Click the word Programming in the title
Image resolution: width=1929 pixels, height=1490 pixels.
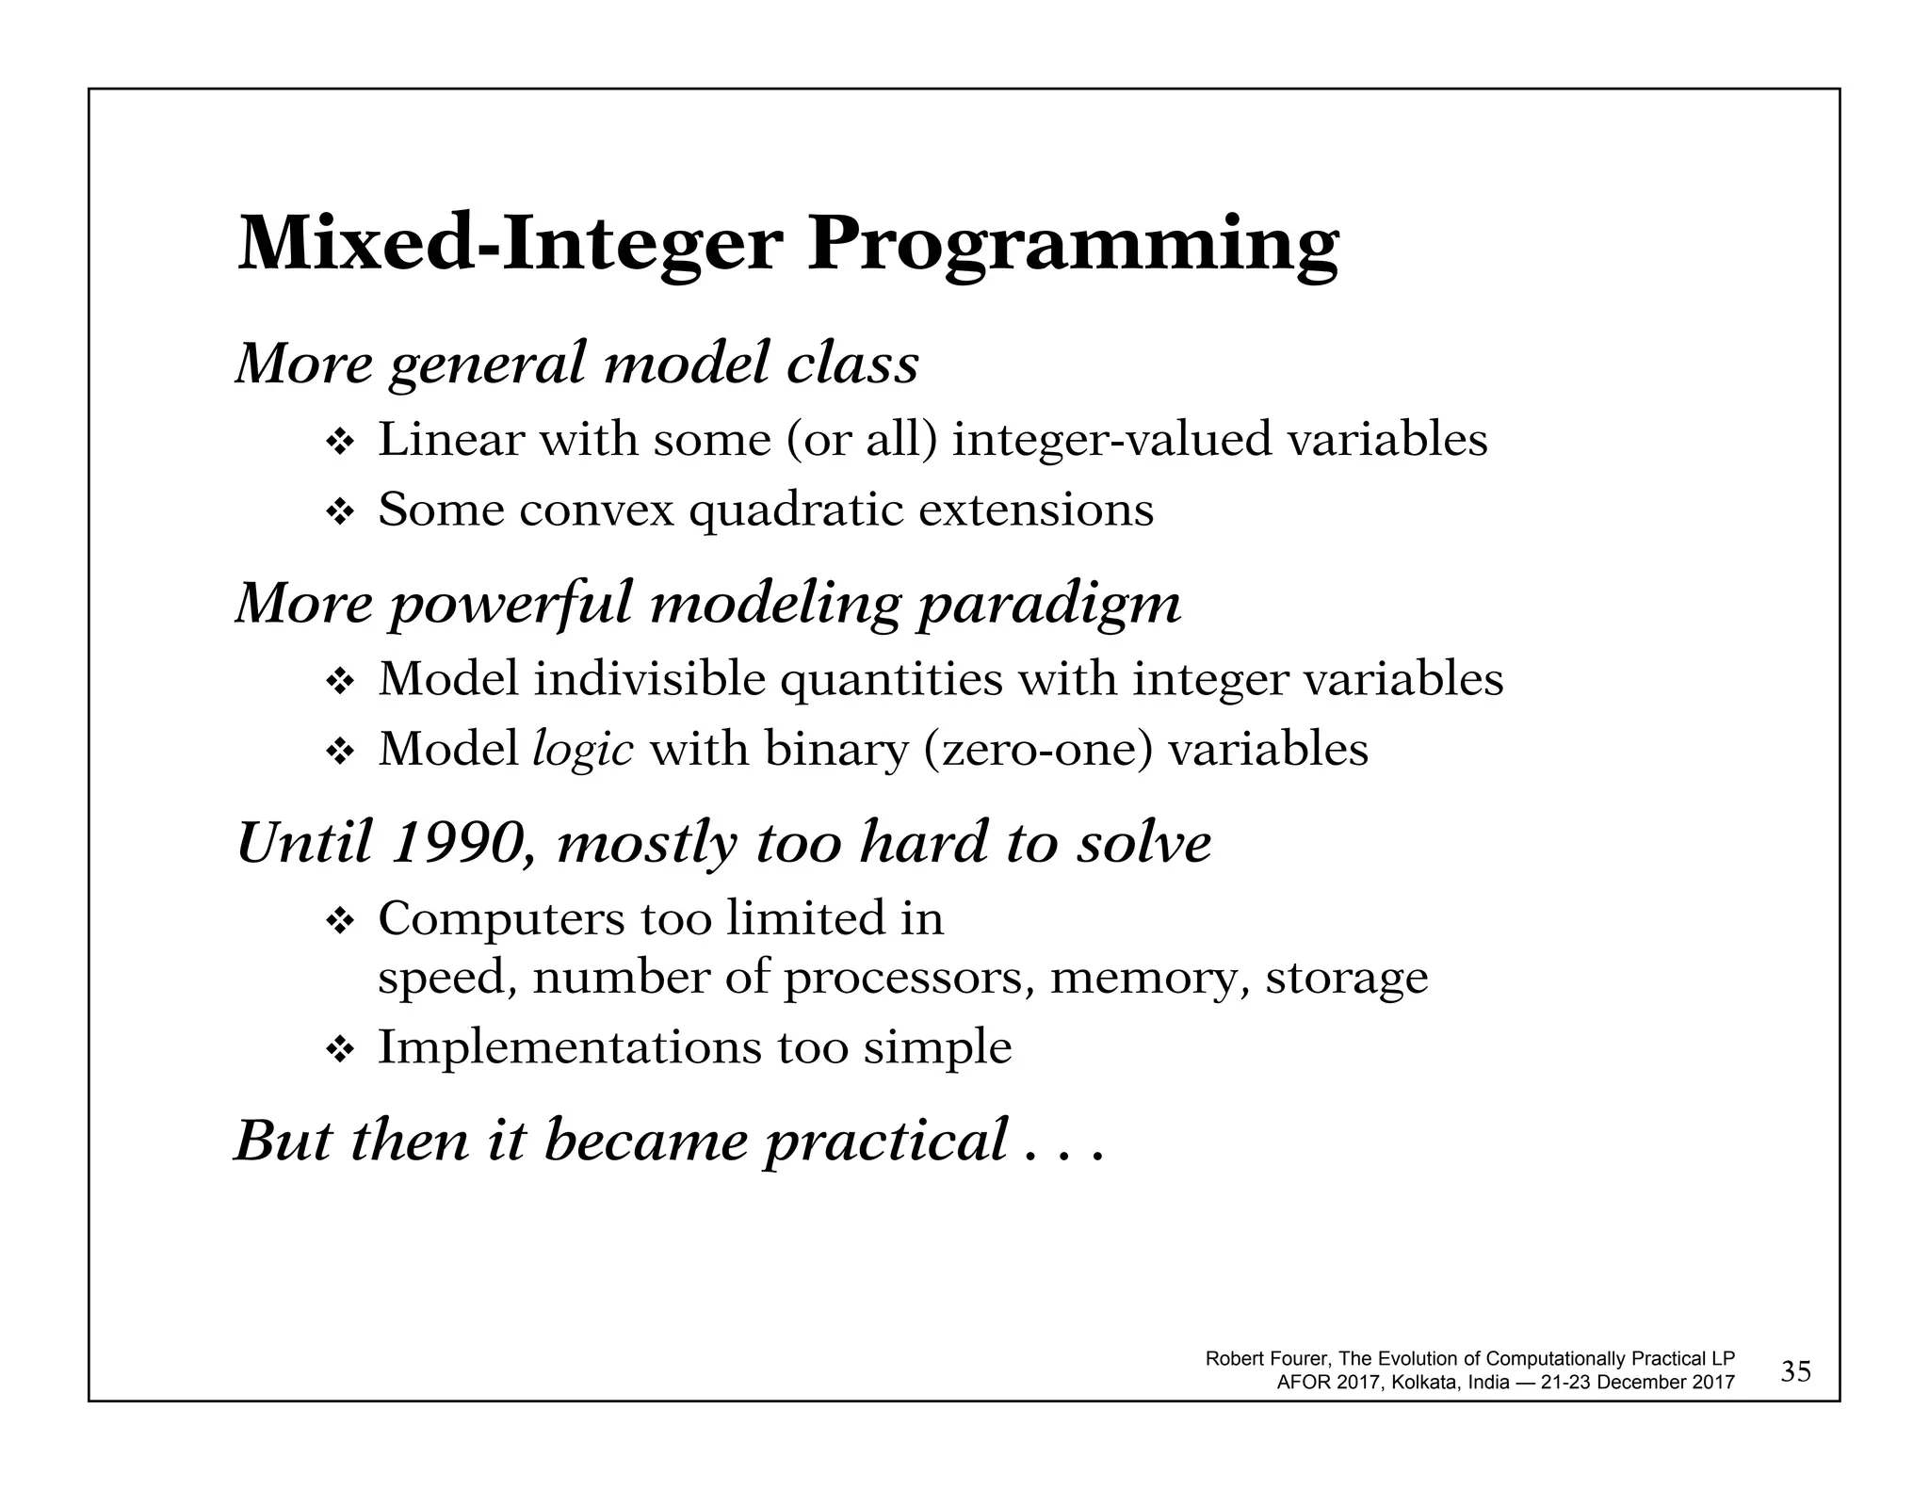[1073, 244]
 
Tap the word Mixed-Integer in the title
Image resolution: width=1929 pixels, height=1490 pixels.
[510, 244]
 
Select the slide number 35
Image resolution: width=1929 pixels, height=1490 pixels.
[1796, 1372]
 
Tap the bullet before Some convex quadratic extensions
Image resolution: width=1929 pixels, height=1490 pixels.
[338, 511]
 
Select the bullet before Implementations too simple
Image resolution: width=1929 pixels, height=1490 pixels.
[338, 1049]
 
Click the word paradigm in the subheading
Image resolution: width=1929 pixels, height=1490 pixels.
[1049, 605]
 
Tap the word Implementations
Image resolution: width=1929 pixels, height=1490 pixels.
[570, 1047]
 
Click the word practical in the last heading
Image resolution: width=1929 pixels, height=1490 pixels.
[885, 1142]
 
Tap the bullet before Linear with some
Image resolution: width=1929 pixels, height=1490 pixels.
[338, 441]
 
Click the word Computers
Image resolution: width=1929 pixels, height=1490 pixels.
[501, 918]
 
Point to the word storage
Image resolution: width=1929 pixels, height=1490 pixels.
[1346, 977]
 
